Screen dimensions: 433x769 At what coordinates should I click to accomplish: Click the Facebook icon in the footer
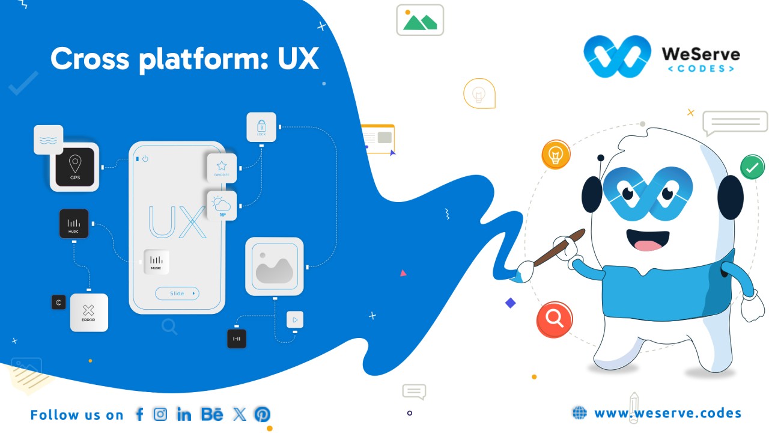tap(139, 414)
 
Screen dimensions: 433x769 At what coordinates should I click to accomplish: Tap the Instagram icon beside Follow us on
tap(160, 414)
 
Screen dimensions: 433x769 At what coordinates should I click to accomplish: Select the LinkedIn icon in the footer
tap(184, 414)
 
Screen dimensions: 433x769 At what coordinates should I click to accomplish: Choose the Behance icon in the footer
tap(212, 414)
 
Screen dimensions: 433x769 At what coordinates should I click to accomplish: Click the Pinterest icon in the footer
tap(262, 414)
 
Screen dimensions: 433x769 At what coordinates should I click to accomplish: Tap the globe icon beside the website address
tap(579, 413)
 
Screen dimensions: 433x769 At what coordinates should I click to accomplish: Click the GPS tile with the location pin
tap(75, 167)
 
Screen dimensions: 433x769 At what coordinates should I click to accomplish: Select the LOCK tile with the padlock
tap(261, 127)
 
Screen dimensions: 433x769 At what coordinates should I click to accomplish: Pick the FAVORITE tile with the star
tap(222, 168)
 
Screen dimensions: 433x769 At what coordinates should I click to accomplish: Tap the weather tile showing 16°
tap(222, 206)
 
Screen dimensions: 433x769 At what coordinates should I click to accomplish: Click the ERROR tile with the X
tap(89, 313)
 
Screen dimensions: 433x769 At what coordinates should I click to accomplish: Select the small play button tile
tap(295, 320)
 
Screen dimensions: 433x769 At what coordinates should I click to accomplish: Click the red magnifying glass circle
tap(555, 319)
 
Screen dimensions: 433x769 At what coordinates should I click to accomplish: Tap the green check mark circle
tap(752, 168)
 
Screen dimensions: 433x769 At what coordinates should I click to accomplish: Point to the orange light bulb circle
tap(556, 155)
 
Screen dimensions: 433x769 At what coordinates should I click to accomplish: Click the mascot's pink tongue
tap(648, 245)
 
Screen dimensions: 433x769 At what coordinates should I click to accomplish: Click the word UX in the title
tap(298, 59)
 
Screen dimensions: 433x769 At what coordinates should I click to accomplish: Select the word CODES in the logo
tap(701, 69)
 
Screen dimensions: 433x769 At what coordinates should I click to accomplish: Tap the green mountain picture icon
tap(420, 21)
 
